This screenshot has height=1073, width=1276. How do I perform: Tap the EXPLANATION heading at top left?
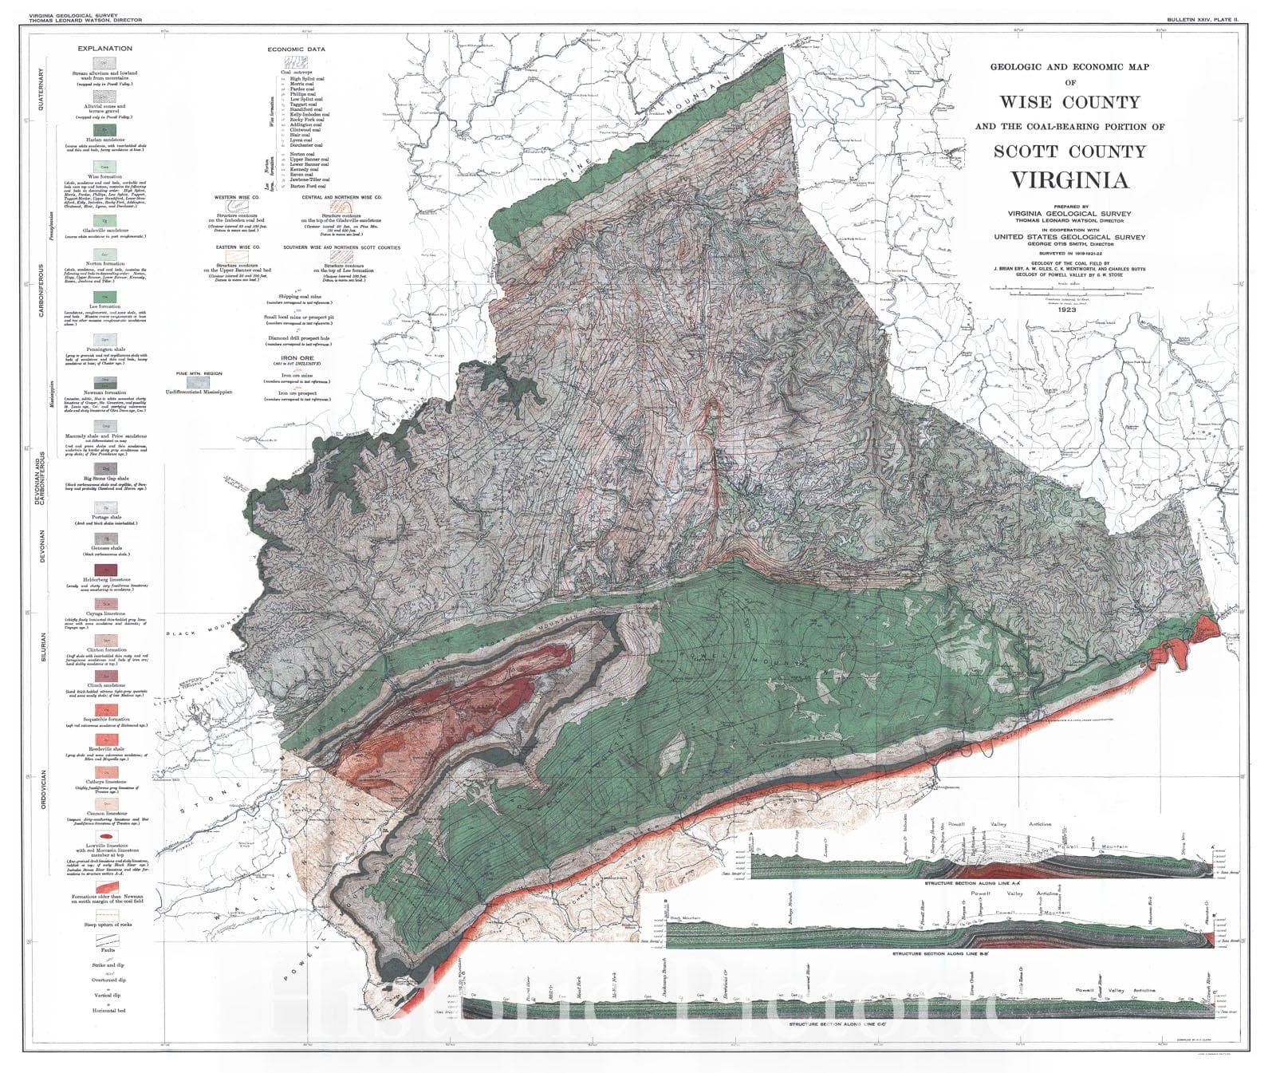tap(104, 49)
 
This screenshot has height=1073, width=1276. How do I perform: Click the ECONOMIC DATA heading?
tap(296, 49)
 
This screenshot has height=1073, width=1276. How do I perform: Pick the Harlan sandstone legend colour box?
tap(104, 129)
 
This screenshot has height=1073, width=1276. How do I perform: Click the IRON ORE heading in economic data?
tap(296, 358)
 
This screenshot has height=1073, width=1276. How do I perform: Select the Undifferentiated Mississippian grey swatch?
tap(199, 382)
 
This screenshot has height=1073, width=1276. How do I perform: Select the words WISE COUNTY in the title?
tap(1069, 102)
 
